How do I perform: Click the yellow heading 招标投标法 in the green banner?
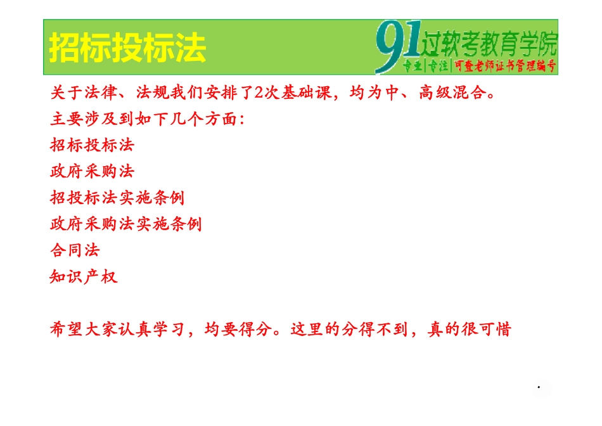[127, 48]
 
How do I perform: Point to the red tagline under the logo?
[480, 65]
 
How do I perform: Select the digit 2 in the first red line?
[258, 93]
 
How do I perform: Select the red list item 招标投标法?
[93, 145]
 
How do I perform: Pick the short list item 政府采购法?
[93, 171]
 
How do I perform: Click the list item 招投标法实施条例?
[118, 197]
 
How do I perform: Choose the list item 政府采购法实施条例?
[126, 224]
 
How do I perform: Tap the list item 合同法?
[75, 250]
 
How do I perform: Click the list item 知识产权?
[84, 276]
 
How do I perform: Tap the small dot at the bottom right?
[539, 386]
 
